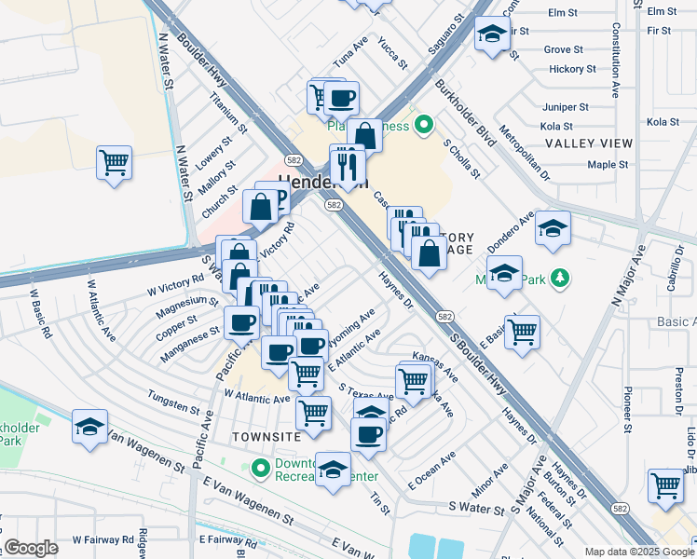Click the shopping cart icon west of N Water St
point(114,163)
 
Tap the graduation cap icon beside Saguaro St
point(489,36)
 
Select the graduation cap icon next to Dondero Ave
point(553,228)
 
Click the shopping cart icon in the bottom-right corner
point(666,485)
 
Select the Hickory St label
point(573,69)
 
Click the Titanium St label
point(227,114)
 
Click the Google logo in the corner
point(31,548)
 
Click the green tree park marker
point(559,278)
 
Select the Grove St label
point(563,49)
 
